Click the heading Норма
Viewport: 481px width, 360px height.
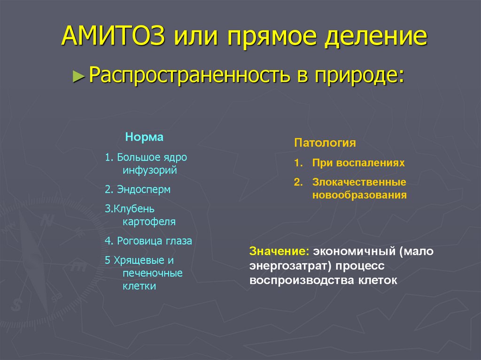pyautogui.click(x=144, y=138)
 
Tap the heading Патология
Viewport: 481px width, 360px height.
pyautogui.click(x=325, y=143)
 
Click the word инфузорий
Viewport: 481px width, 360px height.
pyautogui.click(x=150, y=170)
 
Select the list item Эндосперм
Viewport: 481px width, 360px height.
pyautogui.click(x=143, y=190)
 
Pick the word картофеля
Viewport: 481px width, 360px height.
pyautogui.click(x=149, y=222)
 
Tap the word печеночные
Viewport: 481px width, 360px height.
pyautogui.click(x=152, y=273)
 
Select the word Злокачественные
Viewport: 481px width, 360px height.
pyautogui.click(x=359, y=182)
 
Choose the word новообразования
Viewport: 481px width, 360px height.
pyautogui.click(x=359, y=194)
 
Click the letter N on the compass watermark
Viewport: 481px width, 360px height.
pyautogui.click(x=46, y=219)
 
